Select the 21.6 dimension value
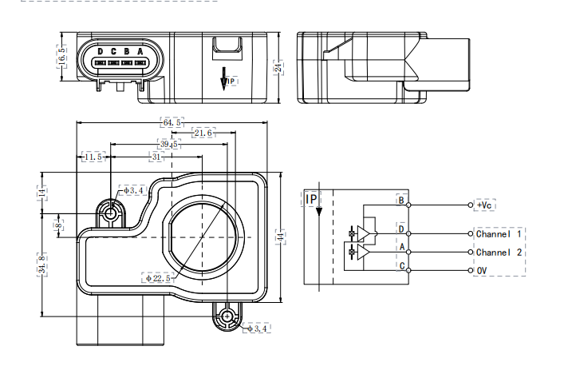203,133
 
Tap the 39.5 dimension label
169,145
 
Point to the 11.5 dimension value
93,157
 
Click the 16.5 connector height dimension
62,57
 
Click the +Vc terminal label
484,205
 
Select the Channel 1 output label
499,234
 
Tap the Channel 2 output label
499,253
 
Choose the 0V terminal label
482,271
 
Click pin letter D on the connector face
100,52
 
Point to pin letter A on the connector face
140,52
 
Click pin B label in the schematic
402,200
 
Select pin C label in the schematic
402,265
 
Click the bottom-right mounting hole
228,316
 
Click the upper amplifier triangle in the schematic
365,233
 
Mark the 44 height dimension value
280,237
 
